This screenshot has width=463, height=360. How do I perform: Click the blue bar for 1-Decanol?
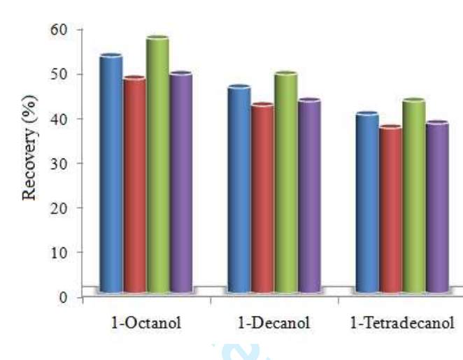pos(238,189)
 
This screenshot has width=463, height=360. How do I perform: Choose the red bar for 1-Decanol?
pos(262,198)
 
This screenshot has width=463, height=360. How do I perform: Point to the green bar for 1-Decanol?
pos(285,182)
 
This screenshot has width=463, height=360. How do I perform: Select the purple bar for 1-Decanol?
pos(308,196)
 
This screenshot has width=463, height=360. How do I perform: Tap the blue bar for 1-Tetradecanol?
pos(366,202)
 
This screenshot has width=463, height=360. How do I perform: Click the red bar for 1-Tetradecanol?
pos(390,209)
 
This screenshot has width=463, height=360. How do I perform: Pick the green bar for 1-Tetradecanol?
pos(413,196)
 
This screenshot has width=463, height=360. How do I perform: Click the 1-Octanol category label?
pos(148,324)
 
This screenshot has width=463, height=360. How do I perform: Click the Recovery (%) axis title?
pos(29,148)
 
